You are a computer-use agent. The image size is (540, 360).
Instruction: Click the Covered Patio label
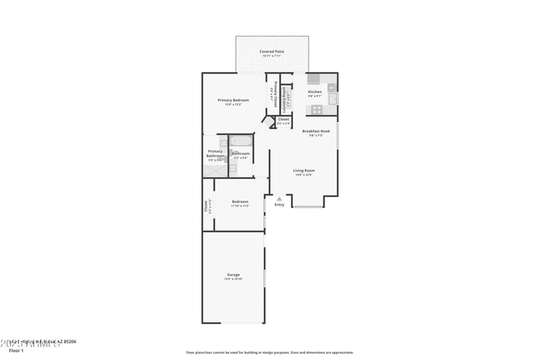tap(272, 51)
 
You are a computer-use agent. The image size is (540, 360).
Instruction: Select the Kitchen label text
tap(315, 92)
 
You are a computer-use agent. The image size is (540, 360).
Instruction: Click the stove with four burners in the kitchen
tap(317, 109)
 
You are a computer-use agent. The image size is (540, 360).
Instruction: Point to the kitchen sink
tap(332, 99)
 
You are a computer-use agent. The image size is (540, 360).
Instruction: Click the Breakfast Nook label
tap(316, 131)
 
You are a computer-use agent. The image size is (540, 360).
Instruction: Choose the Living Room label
tap(304, 171)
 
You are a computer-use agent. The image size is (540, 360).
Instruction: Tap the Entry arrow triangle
tap(279, 199)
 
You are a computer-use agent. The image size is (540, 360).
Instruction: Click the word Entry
tap(279, 205)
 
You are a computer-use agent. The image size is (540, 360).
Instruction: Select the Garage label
tap(234, 275)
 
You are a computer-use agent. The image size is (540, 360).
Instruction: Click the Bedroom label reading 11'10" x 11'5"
tap(240, 201)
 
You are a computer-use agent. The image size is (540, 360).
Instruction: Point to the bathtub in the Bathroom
tap(241, 142)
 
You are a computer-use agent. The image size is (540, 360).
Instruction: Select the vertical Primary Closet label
tap(275, 93)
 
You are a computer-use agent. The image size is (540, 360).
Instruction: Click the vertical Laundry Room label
tap(285, 97)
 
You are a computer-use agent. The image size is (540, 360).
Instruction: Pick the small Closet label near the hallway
tap(283, 120)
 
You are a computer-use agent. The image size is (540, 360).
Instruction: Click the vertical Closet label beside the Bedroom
tap(207, 205)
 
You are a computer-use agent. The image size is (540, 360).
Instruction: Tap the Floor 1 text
tap(16, 351)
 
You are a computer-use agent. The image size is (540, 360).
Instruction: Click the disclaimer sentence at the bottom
tap(269, 352)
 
